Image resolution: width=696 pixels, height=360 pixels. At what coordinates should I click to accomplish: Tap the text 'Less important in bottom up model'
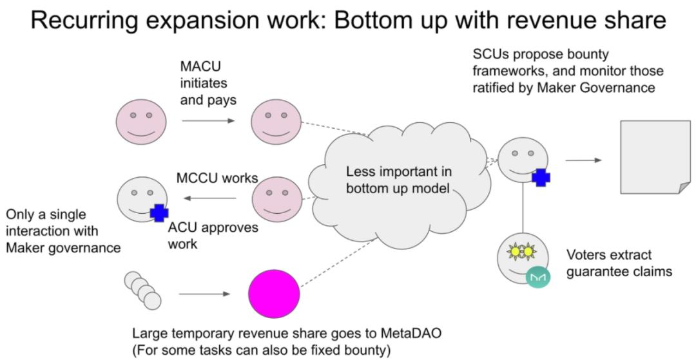[399, 181]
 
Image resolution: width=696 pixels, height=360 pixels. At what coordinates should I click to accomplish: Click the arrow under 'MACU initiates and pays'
[208, 120]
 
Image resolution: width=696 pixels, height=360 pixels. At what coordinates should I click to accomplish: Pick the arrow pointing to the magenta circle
[204, 294]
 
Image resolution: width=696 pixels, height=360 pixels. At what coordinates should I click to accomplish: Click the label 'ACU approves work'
[213, 236]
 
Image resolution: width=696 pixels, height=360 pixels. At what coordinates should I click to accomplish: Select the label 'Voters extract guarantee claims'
[619, 263]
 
